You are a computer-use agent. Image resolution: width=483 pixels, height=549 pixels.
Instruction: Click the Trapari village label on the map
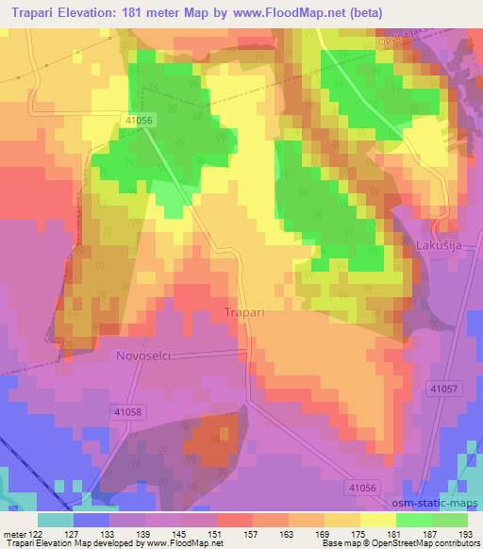[242, 310]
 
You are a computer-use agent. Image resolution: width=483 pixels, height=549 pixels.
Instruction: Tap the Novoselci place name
[142, 357]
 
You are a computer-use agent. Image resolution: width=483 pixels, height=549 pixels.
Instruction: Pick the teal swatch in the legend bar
[56, 520]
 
